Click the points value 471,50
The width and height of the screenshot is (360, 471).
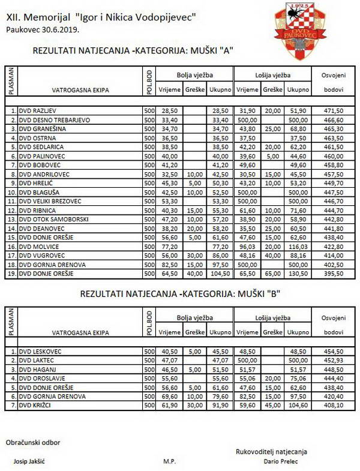click(x=333, y=111)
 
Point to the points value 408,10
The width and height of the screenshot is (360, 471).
click(x=333, y=405)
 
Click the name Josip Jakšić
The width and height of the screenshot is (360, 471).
click(x=30, y=461)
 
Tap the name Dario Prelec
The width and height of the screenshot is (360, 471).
click(x=280, y=461)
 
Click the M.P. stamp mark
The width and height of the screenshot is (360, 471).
click(x=169, y=461)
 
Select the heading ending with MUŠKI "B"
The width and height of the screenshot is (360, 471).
click(x=181, y=294)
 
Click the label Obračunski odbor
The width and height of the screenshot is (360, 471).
click(x=33, y=443)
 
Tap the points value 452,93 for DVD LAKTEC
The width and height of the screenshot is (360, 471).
click(x=333, y=360)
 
